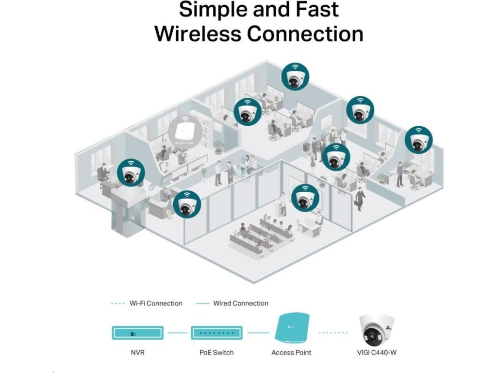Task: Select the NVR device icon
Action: (x=138, y=333)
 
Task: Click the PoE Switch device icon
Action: (x=216, y=333)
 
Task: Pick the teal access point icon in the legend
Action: (x=291, y=330)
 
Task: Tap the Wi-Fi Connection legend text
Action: (x=156, y=304)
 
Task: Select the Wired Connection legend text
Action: (x=241, y=304)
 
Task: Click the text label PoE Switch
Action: (x=216, y=352)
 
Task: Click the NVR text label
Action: (x=138, y=352)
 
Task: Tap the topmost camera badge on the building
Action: (x=296, y=76)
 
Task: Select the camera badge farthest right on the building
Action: (x=419, y=140)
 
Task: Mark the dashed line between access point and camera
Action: (x=333, y=333)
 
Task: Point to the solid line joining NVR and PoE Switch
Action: (x=177, y=333)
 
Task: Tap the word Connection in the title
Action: (x=305, y=34)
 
